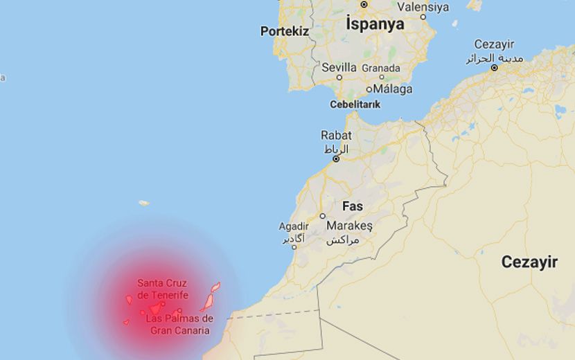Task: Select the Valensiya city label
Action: [423, 7]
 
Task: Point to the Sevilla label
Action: [339, 68]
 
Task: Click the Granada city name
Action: [381, 68]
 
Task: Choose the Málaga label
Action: [393, 89]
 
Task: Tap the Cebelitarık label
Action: [355, 105]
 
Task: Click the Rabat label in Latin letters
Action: [336, 136]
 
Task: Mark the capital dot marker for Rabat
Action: [336, 159]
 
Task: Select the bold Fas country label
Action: [353, 206]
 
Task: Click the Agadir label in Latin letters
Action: [294, 226]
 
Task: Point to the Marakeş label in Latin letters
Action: [350, 226]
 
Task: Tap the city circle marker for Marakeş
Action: [323, 216]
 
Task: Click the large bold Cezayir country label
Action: [529, 262]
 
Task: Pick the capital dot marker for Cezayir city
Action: [494, 68]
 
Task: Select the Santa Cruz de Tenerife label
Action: [163, 289]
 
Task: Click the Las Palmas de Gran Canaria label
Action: [180, 325]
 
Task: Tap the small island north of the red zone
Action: [143, 203]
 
